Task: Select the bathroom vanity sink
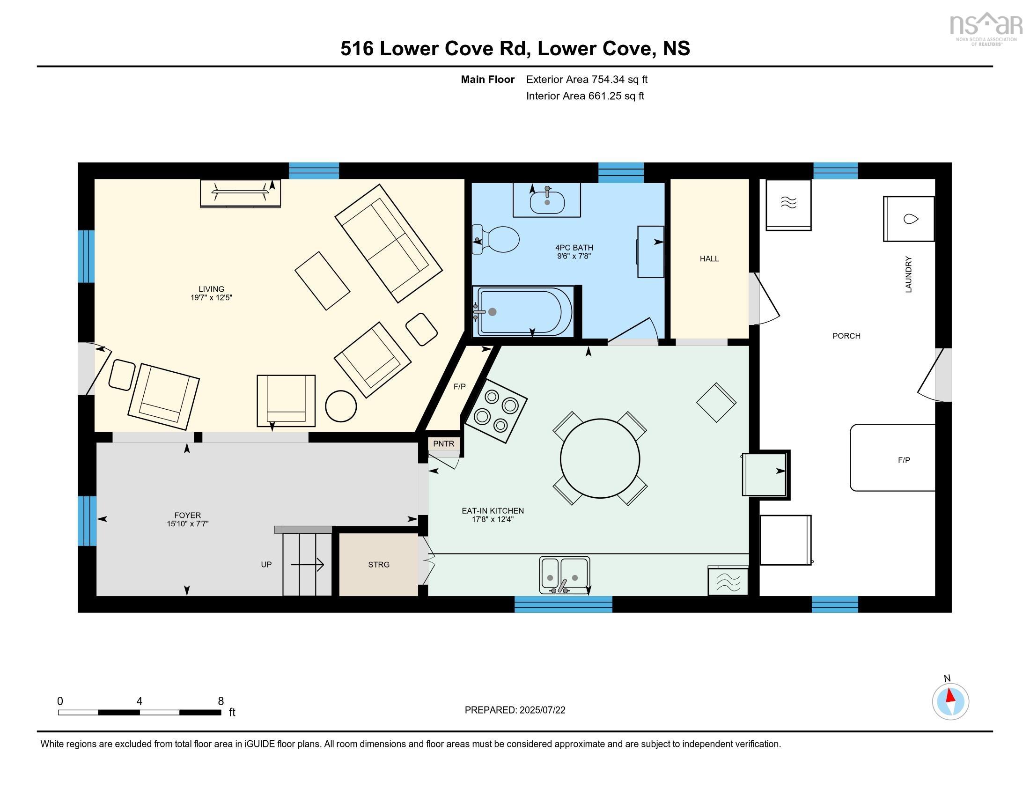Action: [547, 202]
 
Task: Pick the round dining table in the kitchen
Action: [600, 458]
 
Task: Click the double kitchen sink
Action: [565, 575]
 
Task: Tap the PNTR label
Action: [443, 444]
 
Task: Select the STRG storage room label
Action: [379, 565]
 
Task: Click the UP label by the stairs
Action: [266, 565]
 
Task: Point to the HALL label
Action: [709, 258]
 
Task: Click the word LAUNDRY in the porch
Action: [908, 274]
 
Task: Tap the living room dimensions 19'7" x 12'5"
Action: [211, 297]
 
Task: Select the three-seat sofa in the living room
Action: [388, 243]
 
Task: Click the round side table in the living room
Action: [341, 406]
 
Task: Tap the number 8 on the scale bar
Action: [220, 701]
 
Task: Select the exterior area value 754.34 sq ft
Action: [619, 80]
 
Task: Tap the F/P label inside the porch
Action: [904, 460]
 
